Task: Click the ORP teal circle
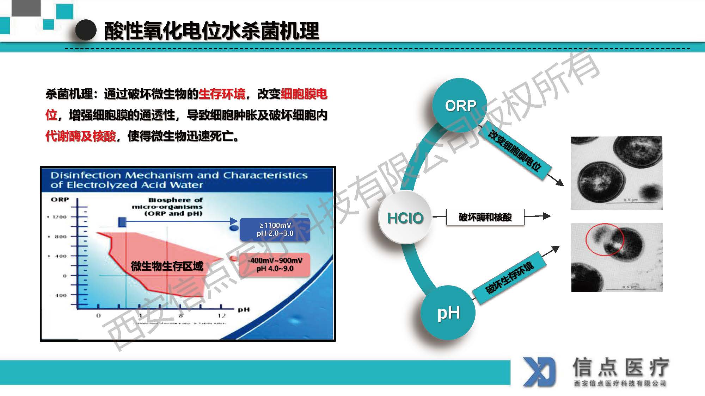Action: click(460, 105)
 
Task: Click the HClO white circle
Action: click(405, 218)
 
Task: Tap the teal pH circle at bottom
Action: click(448, 313)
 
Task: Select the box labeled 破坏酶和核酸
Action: click(485, 217)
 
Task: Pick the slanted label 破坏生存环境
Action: click(509, 278)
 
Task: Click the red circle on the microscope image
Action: click(605, 239)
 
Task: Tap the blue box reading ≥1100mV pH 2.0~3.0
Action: click(275, 229)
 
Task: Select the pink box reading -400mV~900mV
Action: click(275, 264)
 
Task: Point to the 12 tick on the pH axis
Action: click(221, 315)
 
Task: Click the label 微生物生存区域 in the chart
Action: click(167, 266)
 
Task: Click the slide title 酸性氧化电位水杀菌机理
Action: click(211, 31)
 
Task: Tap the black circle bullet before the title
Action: click(86, 30)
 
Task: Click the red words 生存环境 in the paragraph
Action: click(222, 94)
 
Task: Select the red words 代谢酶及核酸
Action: click(81, 136)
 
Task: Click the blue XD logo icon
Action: click(539, 372)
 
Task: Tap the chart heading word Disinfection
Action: click(86, 175)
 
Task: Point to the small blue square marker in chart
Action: click(122, 222)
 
